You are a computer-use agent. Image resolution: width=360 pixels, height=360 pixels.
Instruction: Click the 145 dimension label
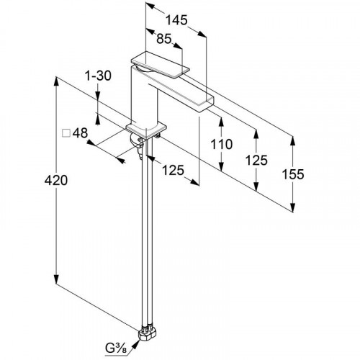coord(176,20)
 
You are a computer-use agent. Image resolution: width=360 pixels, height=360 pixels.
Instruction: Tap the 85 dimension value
coord(164,39)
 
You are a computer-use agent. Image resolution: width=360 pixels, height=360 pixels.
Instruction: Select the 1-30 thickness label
coord(98,76)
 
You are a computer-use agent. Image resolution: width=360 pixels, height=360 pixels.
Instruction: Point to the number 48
coord(81,132)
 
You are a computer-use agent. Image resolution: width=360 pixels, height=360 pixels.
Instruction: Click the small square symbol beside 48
coord(66,133)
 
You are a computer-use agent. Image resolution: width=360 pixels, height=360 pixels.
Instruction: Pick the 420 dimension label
coord(56,180)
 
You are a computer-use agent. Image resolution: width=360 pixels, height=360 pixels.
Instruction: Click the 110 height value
coord(222,144)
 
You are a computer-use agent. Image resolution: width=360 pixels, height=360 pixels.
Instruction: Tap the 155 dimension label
coord(293,174)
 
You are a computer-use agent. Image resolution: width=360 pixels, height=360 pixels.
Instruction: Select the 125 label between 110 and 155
coord(256,160)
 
